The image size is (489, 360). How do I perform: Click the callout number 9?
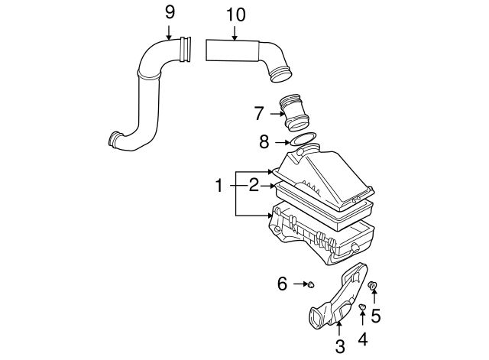(x=170, y=12)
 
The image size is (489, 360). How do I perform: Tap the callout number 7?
(x=260, y=114)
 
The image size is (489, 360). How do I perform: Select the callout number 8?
(x=264, y=141)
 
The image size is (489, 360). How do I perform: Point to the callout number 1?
(x=219, y=185)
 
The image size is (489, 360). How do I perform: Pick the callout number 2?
(x=252, y=185)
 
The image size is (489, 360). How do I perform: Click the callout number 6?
(x=282, y=284)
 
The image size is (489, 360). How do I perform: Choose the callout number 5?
(x=375, y=313)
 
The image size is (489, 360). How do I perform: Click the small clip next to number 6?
(x=310, y=285)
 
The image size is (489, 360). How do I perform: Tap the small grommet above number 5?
(x=374, y=286)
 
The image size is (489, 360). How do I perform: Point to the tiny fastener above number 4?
(x=361, y=306)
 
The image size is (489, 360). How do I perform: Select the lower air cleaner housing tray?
(x=321, y=237)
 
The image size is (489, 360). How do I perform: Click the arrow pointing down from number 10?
(x=236, y=31)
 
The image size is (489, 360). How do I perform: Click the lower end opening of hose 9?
(x=114, y=139)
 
